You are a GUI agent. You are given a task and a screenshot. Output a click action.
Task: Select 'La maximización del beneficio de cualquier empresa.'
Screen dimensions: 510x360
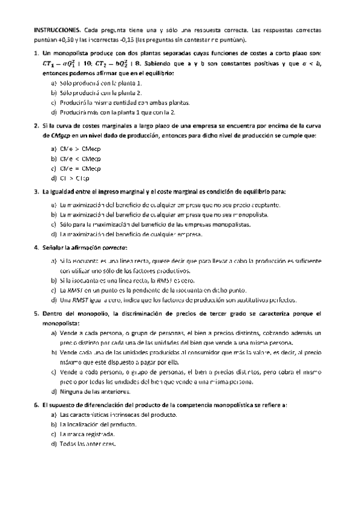click(132, 234)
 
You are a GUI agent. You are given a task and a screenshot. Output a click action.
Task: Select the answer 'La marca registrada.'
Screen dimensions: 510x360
click(87, 434)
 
